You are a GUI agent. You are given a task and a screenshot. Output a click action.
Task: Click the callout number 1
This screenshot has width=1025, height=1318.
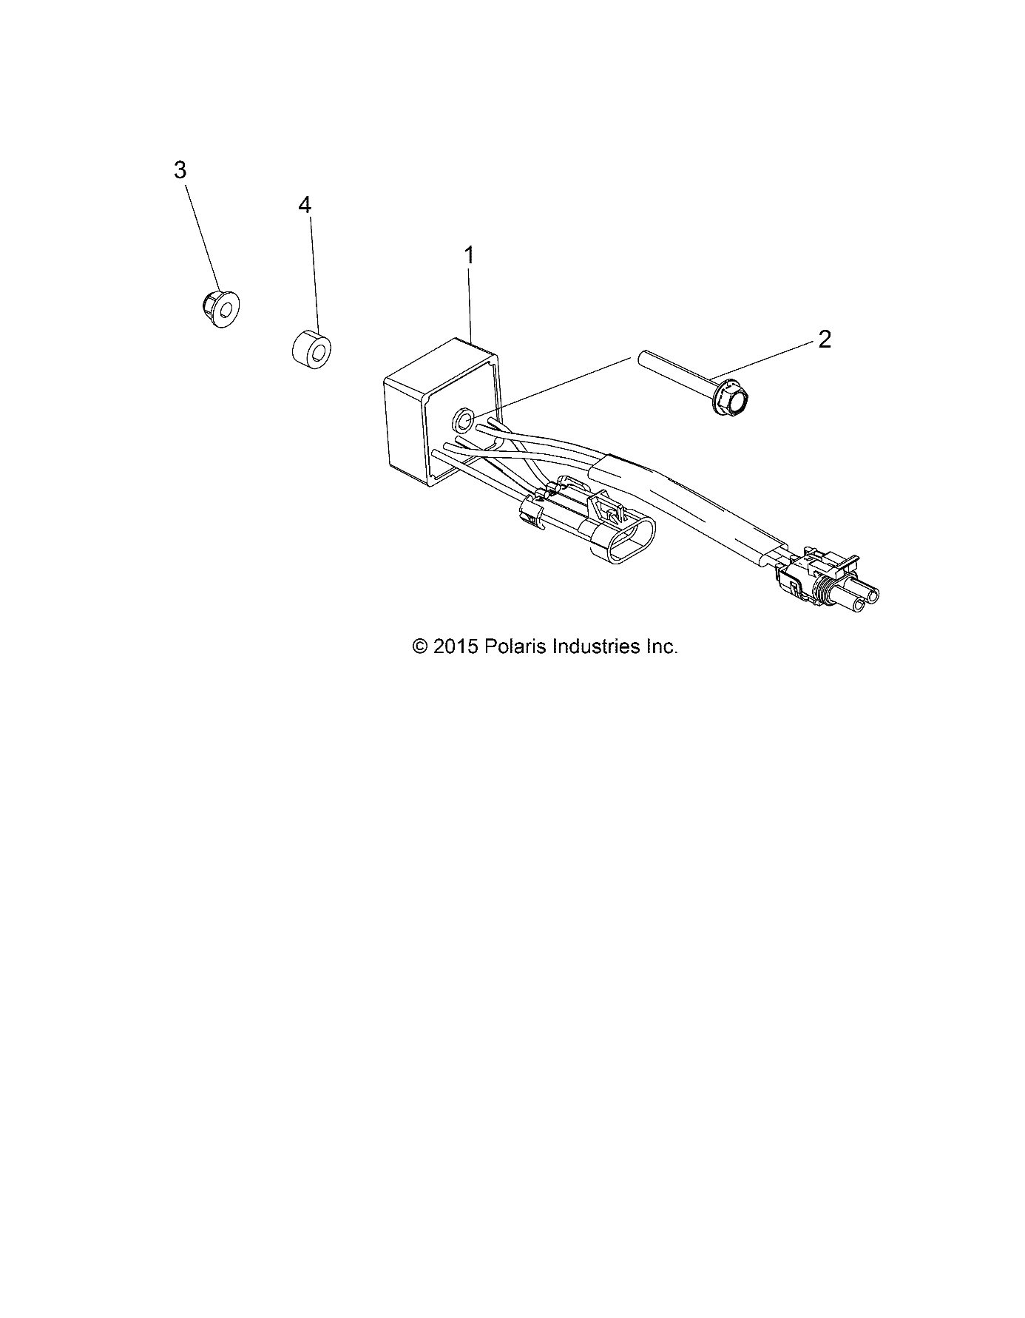click(468, 256)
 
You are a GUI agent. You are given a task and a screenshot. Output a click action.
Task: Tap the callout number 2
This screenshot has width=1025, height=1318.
click(824, 339)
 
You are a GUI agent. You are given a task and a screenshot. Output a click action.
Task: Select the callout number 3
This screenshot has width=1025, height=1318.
click(180, 170)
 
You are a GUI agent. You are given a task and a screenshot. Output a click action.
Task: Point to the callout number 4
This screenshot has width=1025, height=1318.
click(305, 205)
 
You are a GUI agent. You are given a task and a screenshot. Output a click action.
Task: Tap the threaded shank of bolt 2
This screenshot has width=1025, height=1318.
click(672, 374)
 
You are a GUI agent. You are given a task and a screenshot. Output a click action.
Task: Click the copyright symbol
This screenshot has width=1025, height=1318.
click(419, 647)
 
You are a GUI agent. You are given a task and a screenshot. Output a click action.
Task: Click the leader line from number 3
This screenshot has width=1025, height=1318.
click(202, 238)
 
